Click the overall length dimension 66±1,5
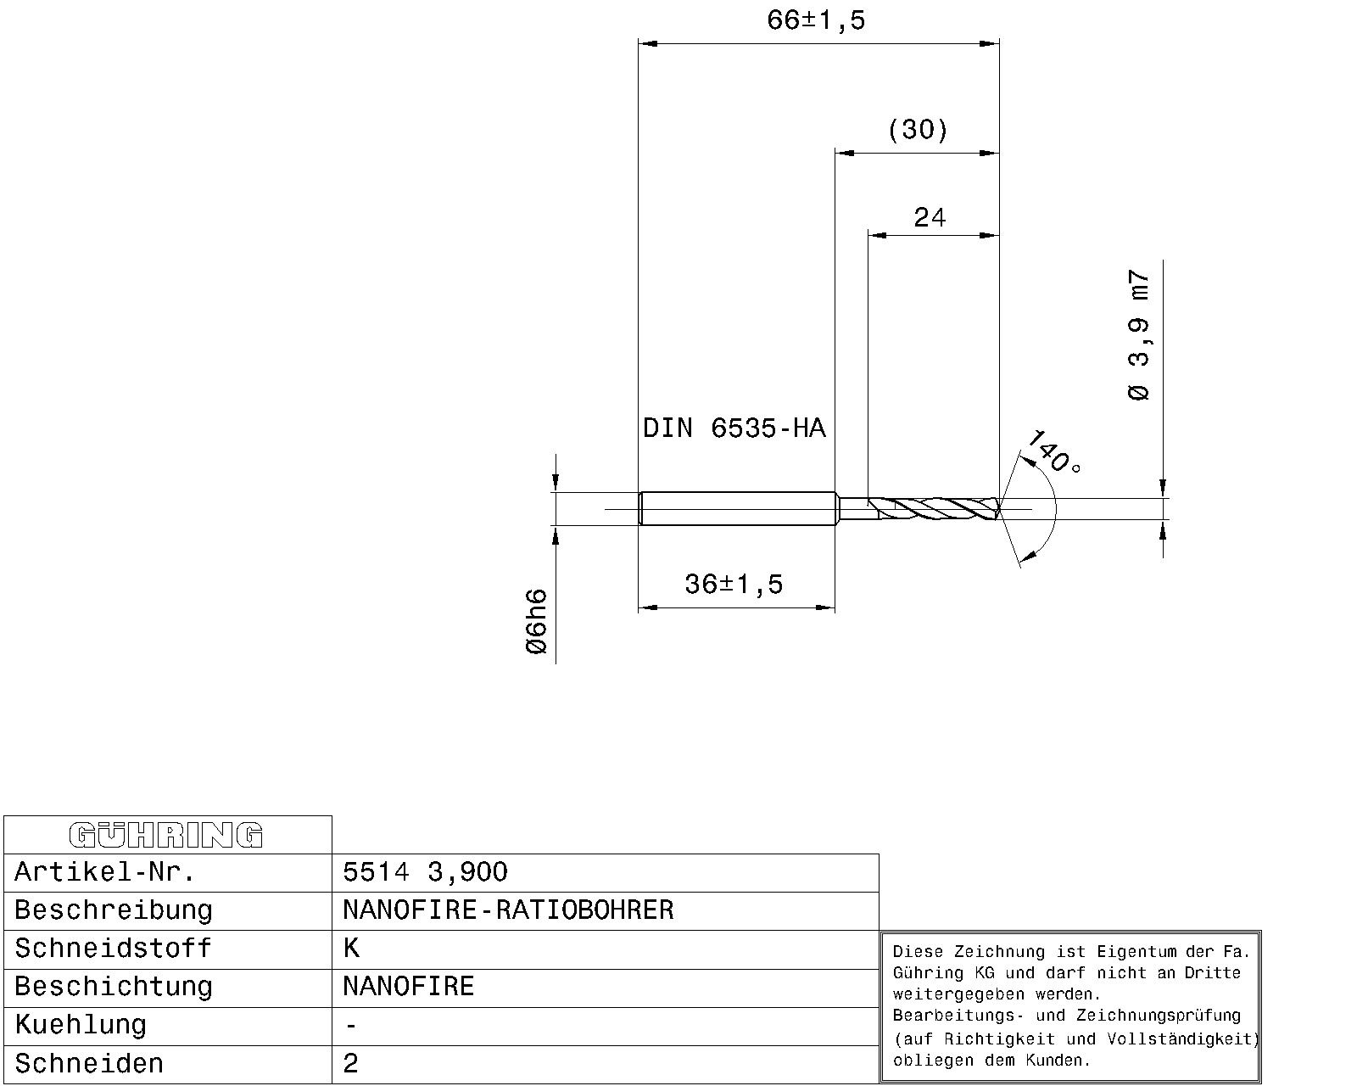point(815,20)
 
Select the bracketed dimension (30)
point(918,130)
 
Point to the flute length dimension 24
point(930,218)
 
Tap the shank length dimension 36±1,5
point(734,584)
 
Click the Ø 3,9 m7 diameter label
point(1139,335)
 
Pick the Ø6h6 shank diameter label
point(537,621)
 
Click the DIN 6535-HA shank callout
point(734,428)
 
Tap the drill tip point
point(999,509)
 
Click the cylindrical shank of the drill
point(738,509)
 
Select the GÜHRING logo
point(167,835)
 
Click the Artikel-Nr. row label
point(105,872)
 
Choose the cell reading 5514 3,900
point(425,872)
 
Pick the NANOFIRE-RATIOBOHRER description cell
point(508,910)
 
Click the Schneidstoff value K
point(351,949)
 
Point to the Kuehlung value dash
point(351,1025)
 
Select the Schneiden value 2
point(351,1064)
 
